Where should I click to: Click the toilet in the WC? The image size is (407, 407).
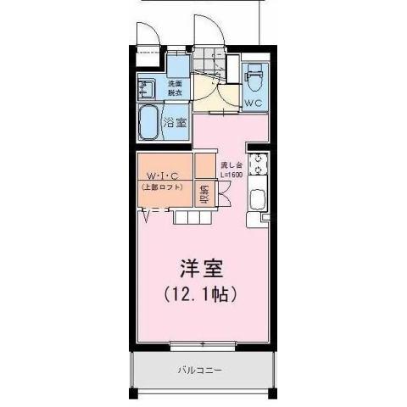[254, 81]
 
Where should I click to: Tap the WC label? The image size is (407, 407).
[254, 103]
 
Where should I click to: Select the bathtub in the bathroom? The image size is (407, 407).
[153, 124]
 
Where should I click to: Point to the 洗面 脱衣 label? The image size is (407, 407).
[174, 88]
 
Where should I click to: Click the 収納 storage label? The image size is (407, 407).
[203, 194]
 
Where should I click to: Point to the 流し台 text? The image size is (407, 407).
[231, 165]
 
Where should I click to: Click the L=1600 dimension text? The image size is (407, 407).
[231, 175]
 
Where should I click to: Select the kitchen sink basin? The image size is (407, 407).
[258, 201]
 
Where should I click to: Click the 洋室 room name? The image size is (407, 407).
[200, 269]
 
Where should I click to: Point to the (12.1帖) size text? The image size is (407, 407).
[200, 295]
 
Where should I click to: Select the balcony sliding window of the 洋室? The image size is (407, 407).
[202, 343]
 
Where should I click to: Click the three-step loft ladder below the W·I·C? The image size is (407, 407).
[192, 217]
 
